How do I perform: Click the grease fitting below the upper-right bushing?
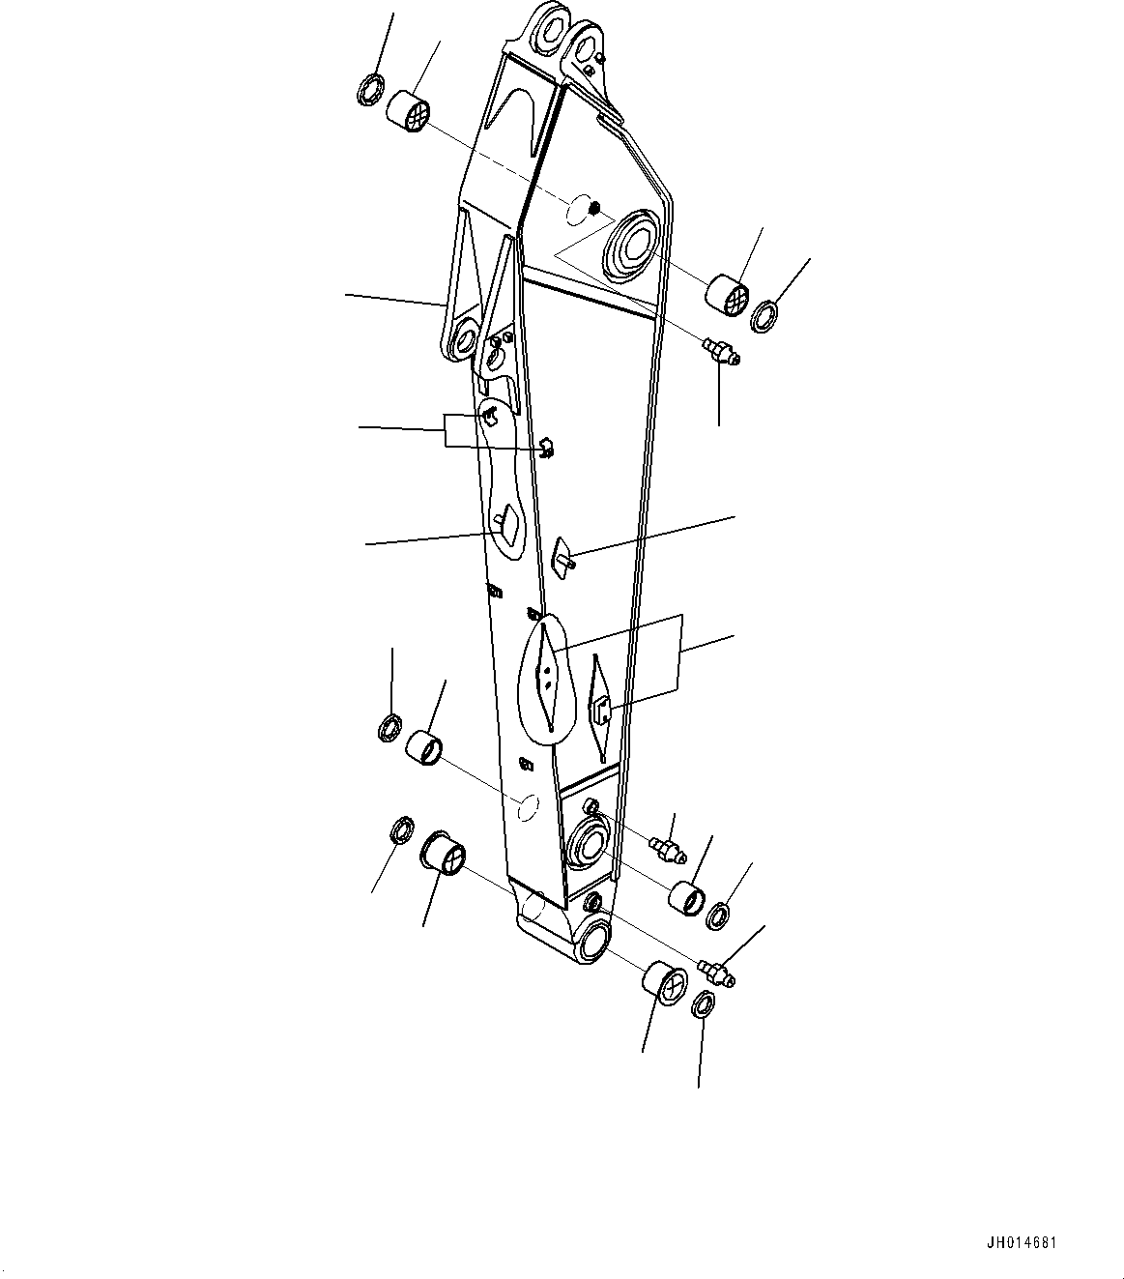[722, 351]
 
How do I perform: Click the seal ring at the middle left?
[389, 728]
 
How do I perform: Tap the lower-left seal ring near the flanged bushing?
[400, 829]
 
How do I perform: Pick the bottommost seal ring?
[705, 1004]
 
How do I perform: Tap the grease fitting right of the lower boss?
[666, 848]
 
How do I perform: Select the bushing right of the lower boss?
[688, 895]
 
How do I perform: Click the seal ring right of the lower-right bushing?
[718, 915]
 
